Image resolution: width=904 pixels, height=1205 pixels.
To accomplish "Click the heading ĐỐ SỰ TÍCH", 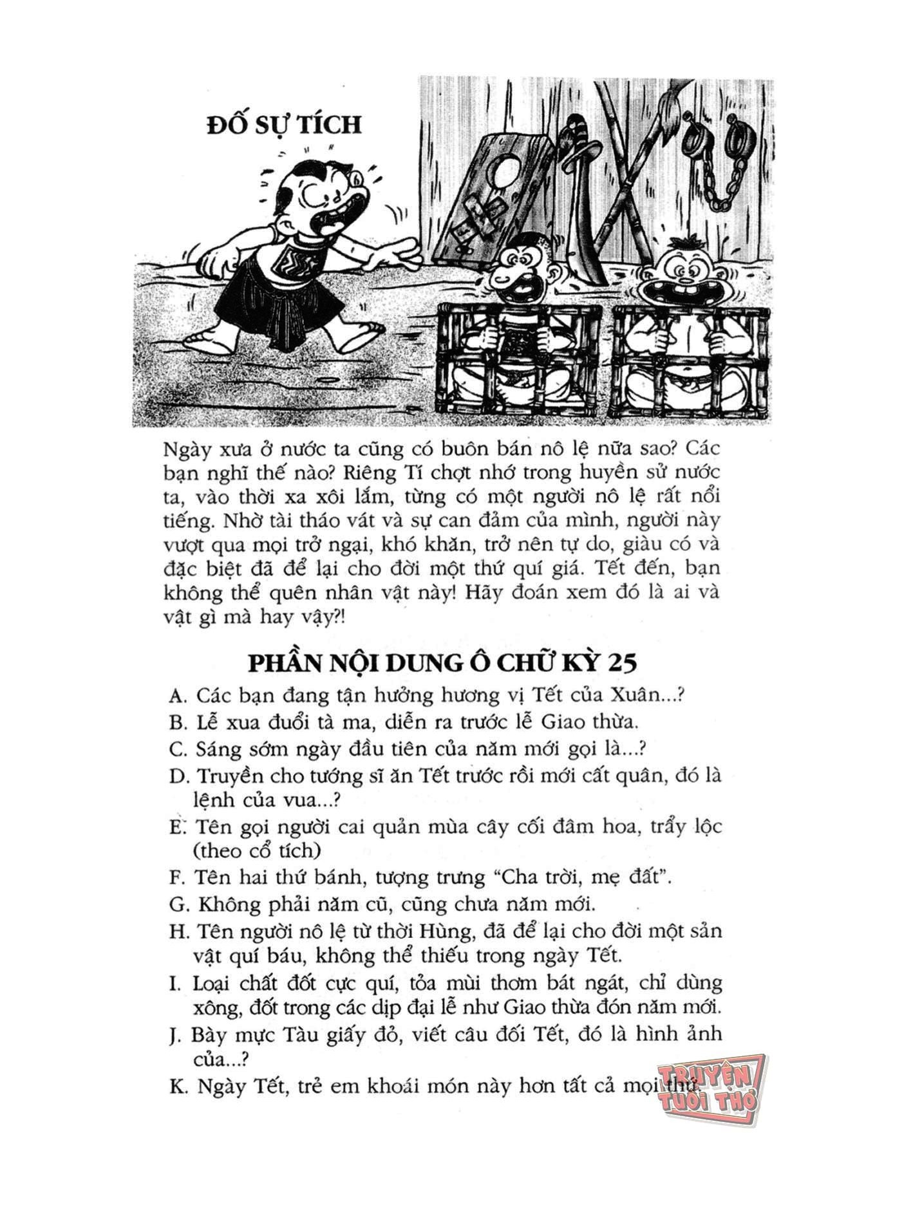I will point(284,124).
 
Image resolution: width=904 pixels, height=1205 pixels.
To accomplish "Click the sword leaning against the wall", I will point(582,206).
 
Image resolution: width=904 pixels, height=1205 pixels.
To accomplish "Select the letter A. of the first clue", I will point(178,696).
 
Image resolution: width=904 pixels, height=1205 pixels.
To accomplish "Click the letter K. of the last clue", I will point(178,1087).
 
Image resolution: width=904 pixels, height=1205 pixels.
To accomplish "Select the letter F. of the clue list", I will point(178,878).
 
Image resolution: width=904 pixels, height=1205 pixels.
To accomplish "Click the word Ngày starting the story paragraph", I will point(187,448).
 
